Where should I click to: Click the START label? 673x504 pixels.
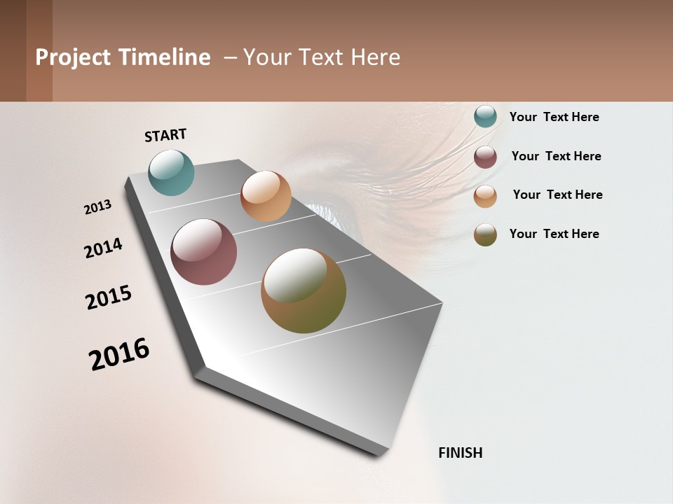[165, 135]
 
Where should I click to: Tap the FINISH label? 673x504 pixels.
[461, 453]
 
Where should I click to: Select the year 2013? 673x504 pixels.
[98, 207]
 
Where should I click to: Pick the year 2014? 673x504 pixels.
[103, 248]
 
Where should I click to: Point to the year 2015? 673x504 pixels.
[109, 297]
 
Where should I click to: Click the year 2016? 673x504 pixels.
[119, 354]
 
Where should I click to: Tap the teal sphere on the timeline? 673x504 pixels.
[172, 172]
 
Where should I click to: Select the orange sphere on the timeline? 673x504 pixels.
[266, 196]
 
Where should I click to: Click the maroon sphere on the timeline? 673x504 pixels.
[204, 252]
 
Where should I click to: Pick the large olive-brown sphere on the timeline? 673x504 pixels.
[304, 290]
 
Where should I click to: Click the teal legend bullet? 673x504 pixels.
[485, 116]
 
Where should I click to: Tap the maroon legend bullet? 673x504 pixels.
[485, 157]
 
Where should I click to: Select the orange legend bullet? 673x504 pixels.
[485, 196]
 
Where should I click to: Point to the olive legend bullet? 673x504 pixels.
[485, 234]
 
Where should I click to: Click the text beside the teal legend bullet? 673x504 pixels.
[554, 117]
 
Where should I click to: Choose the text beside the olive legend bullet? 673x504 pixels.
[554, 234]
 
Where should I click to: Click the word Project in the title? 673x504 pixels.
[73, 57]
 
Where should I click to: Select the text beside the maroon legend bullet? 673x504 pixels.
[556, 156]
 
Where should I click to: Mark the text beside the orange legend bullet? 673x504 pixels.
[557, 195]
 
